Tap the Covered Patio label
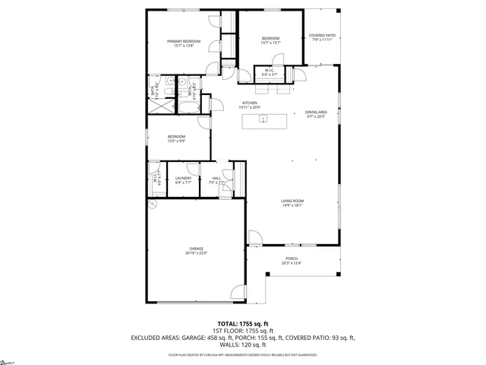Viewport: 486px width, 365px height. [x=323, y=38]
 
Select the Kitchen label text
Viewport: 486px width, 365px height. [x=250, y=105]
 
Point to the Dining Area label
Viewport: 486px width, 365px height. [x=315, y=114]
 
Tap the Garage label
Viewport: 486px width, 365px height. [x=196, y=250]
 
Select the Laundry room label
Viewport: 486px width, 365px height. [x=183, y=180]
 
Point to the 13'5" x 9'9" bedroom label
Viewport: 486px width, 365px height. [x=176, y=138]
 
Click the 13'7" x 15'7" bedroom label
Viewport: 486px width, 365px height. [x=271, y=40]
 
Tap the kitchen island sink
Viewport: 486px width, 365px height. [x=279, y=119]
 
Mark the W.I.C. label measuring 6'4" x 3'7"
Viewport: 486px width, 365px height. [x=269, y=73]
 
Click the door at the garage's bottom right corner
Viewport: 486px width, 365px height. [x=238, y=292]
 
